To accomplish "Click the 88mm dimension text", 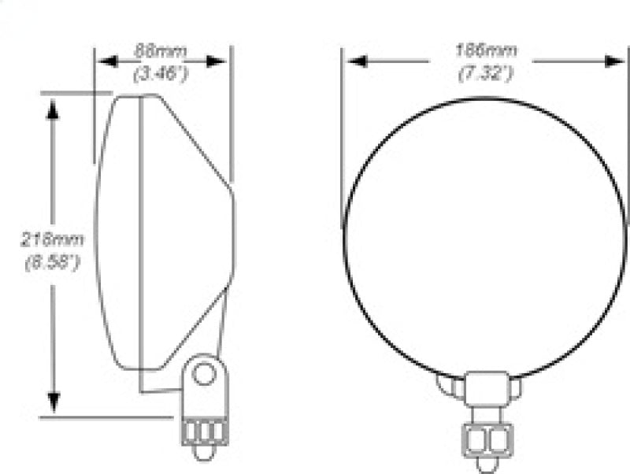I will tap(161, 52).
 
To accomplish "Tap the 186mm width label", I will tap(486, 51).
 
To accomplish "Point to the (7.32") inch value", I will tap(486, 75).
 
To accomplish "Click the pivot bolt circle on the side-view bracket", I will tap(204, 374).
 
